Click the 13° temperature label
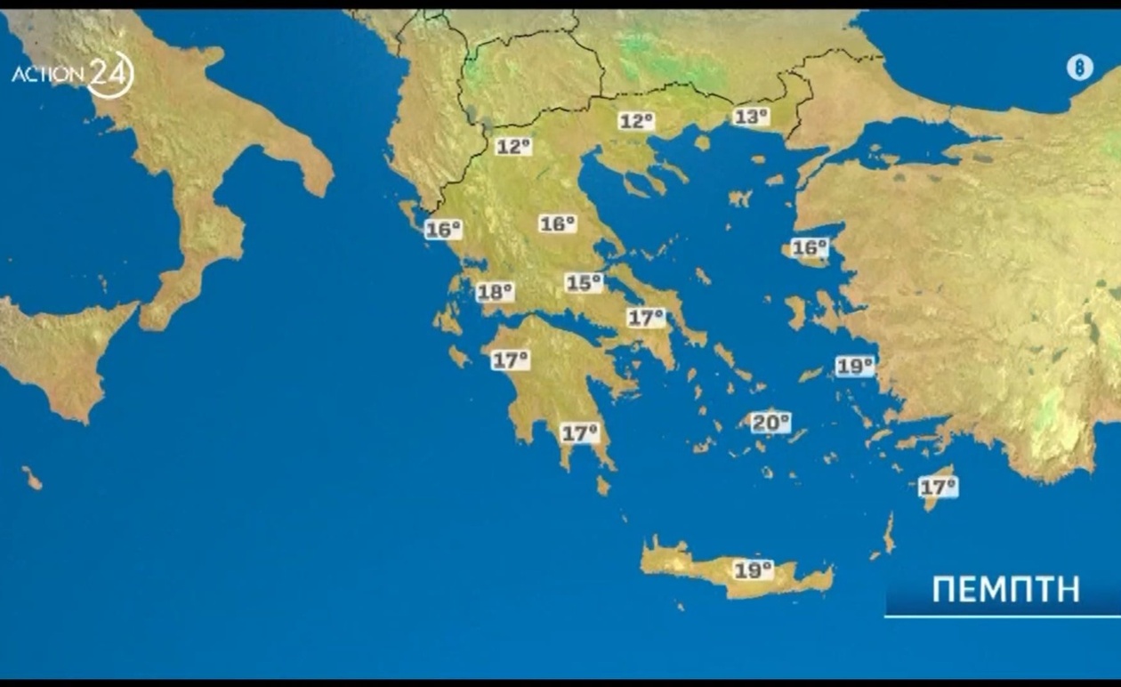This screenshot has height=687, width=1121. pyautogui.click(x=751, y=116)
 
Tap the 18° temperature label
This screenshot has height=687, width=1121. pyautogui.click(x=495, y=292)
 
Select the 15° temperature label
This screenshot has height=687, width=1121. pyautogui.click(x=584, y=283)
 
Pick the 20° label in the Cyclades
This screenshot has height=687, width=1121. pyautogui.click(x=770, y=423)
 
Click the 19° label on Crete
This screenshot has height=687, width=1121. pyautogui.click(x=753, y=570)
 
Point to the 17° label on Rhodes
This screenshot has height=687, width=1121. pyautogui.click(x=938, y=487)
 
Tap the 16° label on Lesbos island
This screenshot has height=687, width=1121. pyautogui.click(x=810, y=248)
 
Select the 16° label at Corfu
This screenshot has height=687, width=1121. pyautogui.click(x=443, y=230)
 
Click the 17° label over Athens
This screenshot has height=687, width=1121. pyautogui.click(x=646, y=317)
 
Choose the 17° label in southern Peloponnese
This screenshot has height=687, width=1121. pyautogui.click(x=579, y=433)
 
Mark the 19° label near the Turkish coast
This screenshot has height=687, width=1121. pyautogui.click(x=855, y=366)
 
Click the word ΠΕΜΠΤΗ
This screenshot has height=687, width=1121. pyautogui.click(x=1005, y=589)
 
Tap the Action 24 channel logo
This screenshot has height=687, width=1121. pyautogui.click(x=73, y=75)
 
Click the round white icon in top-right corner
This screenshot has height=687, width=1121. pyautogui.click(x=1079, y=68)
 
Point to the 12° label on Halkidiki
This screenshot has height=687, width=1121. pyautogui.click(x=636, y=121)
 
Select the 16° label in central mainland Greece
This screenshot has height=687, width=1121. pyautogui.click(x=558, y=223)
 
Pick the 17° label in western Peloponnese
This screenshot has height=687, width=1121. pyautogui.click(x=511, y=360)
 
